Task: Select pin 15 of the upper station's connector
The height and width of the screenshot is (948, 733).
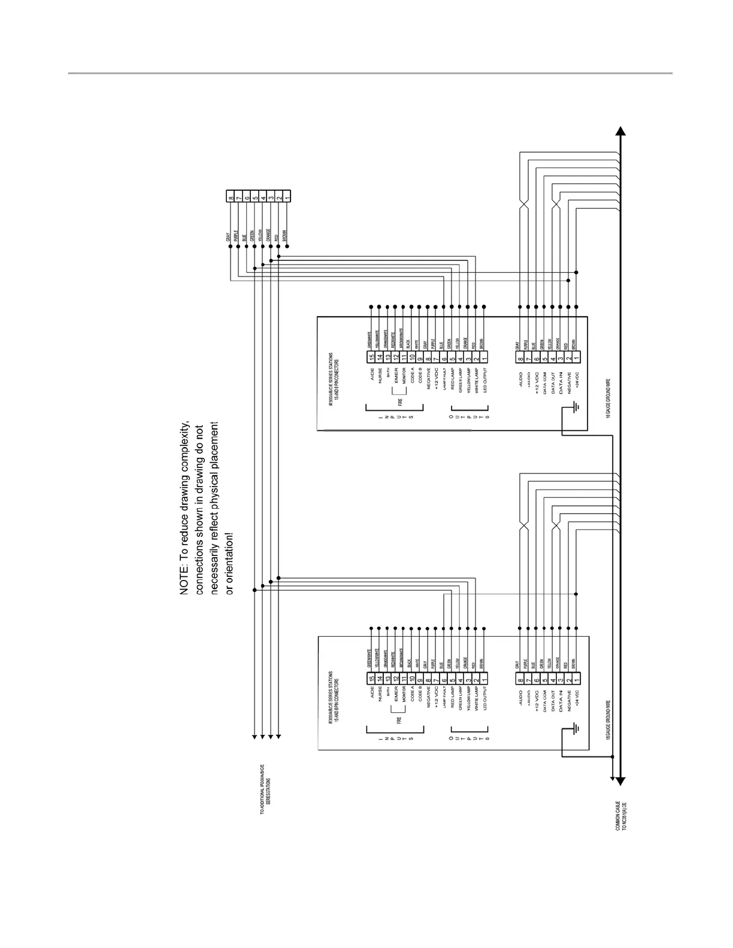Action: pyautogui.click(x=371, y=357)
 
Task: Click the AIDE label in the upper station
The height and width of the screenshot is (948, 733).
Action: pyautogui.click(x=372, y=375)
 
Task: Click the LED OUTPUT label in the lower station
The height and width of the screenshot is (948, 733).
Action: pyautogui.click(x=485, y=697)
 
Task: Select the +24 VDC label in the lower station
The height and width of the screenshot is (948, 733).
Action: pyautogui.click(x=576, y=698)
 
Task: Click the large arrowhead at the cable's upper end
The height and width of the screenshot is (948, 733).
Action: pyautogui.click(x=621, y=131)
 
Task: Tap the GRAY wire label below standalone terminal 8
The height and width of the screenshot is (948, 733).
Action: pyautogui.click(x=228, y=238)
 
